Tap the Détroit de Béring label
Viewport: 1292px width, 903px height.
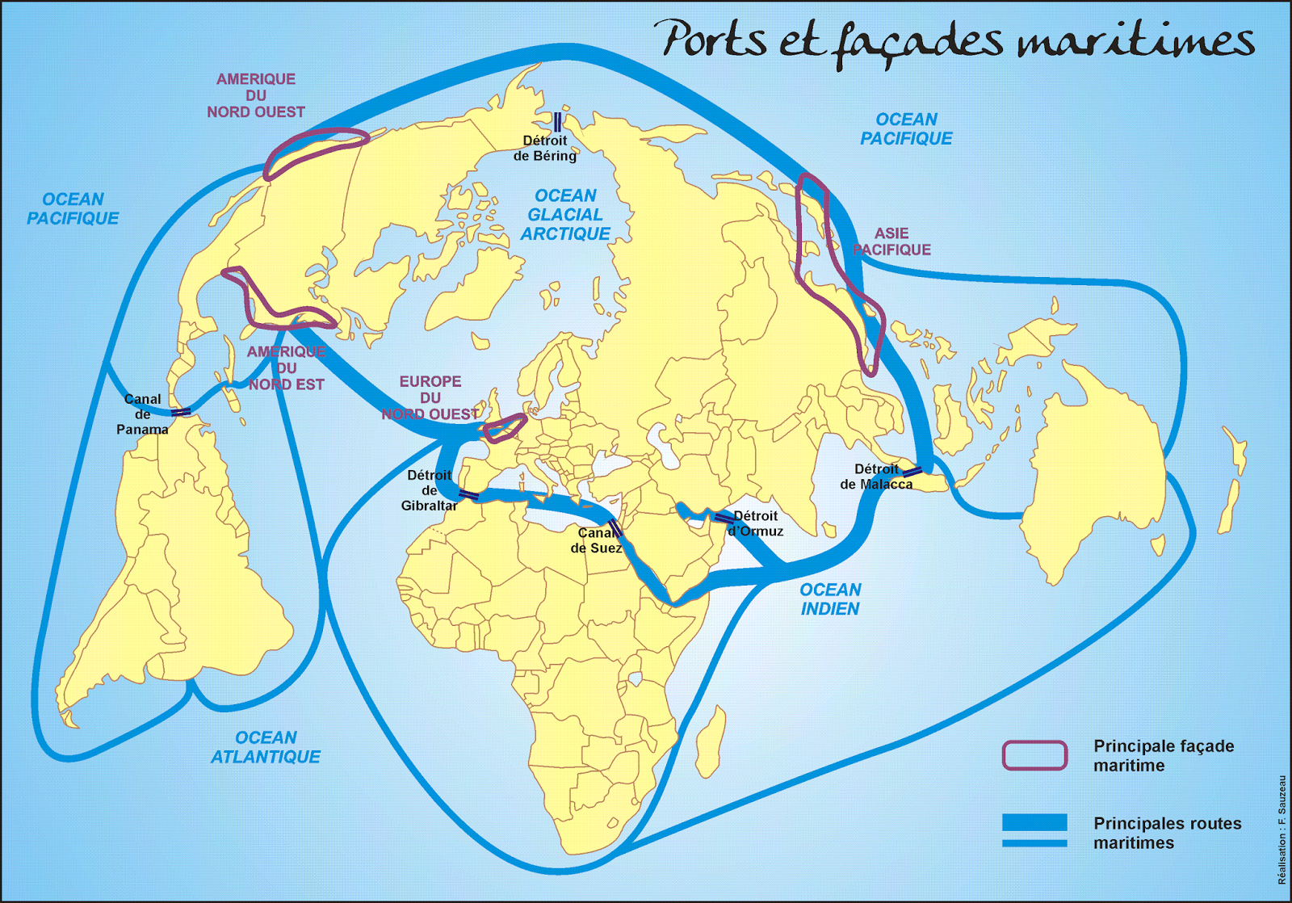click(x=545, y=148)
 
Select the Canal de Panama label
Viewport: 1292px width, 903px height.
click(x=142, y=414)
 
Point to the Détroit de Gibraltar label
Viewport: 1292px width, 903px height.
click(x=429, y=490)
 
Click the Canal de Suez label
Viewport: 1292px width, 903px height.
click(x=596, y=540)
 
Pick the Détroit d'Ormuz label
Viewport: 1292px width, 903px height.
click(x=756, y=523)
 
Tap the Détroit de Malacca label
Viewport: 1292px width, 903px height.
click(x=876, y=477)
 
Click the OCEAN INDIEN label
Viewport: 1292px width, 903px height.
click(x=830, y=599)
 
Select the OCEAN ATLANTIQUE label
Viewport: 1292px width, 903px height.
click(x=266, y=747)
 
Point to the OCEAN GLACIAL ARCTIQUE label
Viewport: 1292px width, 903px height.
click(x=565, y=215)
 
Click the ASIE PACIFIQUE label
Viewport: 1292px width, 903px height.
click(x=891, y=241)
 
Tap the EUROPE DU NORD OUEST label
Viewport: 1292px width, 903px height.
click(x=430, y=397)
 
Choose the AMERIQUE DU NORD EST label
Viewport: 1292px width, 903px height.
click(x=287, y=368)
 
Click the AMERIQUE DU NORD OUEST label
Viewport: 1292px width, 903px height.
click(x=256, y=95)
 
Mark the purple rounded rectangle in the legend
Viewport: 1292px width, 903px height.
click(x=1034, y=755)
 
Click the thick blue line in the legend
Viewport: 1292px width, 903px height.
click(x=1034, y=822)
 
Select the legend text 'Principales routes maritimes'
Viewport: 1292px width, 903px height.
click(x=1167, y=833)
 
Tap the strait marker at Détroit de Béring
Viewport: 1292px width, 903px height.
click(x=557, y=122)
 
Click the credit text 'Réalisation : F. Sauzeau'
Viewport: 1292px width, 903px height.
click(x=1282, y=829)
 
